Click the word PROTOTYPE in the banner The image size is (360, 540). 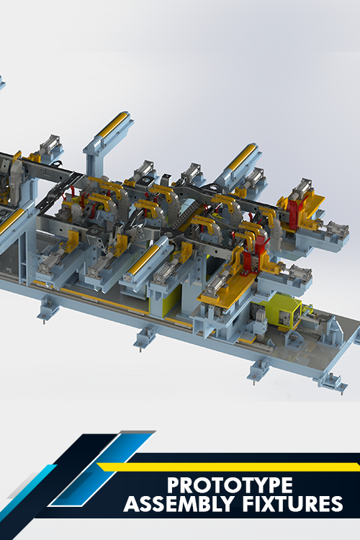pyautogui.click(x=230, y=485)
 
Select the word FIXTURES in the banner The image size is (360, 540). pyautogui.click(x=292, y=504)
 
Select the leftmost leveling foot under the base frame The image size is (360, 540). pyautogui.click(x=48, y=309)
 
